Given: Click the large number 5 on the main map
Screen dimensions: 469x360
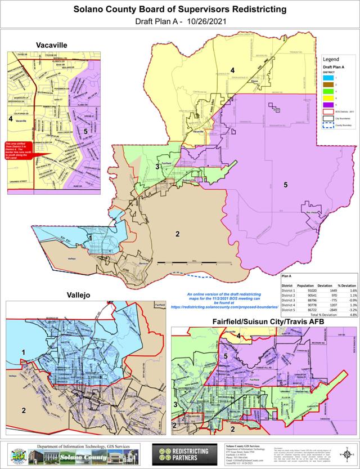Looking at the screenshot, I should tap(286, 184).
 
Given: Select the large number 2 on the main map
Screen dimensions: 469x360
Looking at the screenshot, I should tap(178, 234).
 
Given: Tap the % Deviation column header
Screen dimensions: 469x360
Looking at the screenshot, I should tap(346, 285).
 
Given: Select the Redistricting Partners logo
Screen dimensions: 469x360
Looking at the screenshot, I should tap(183, 454).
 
